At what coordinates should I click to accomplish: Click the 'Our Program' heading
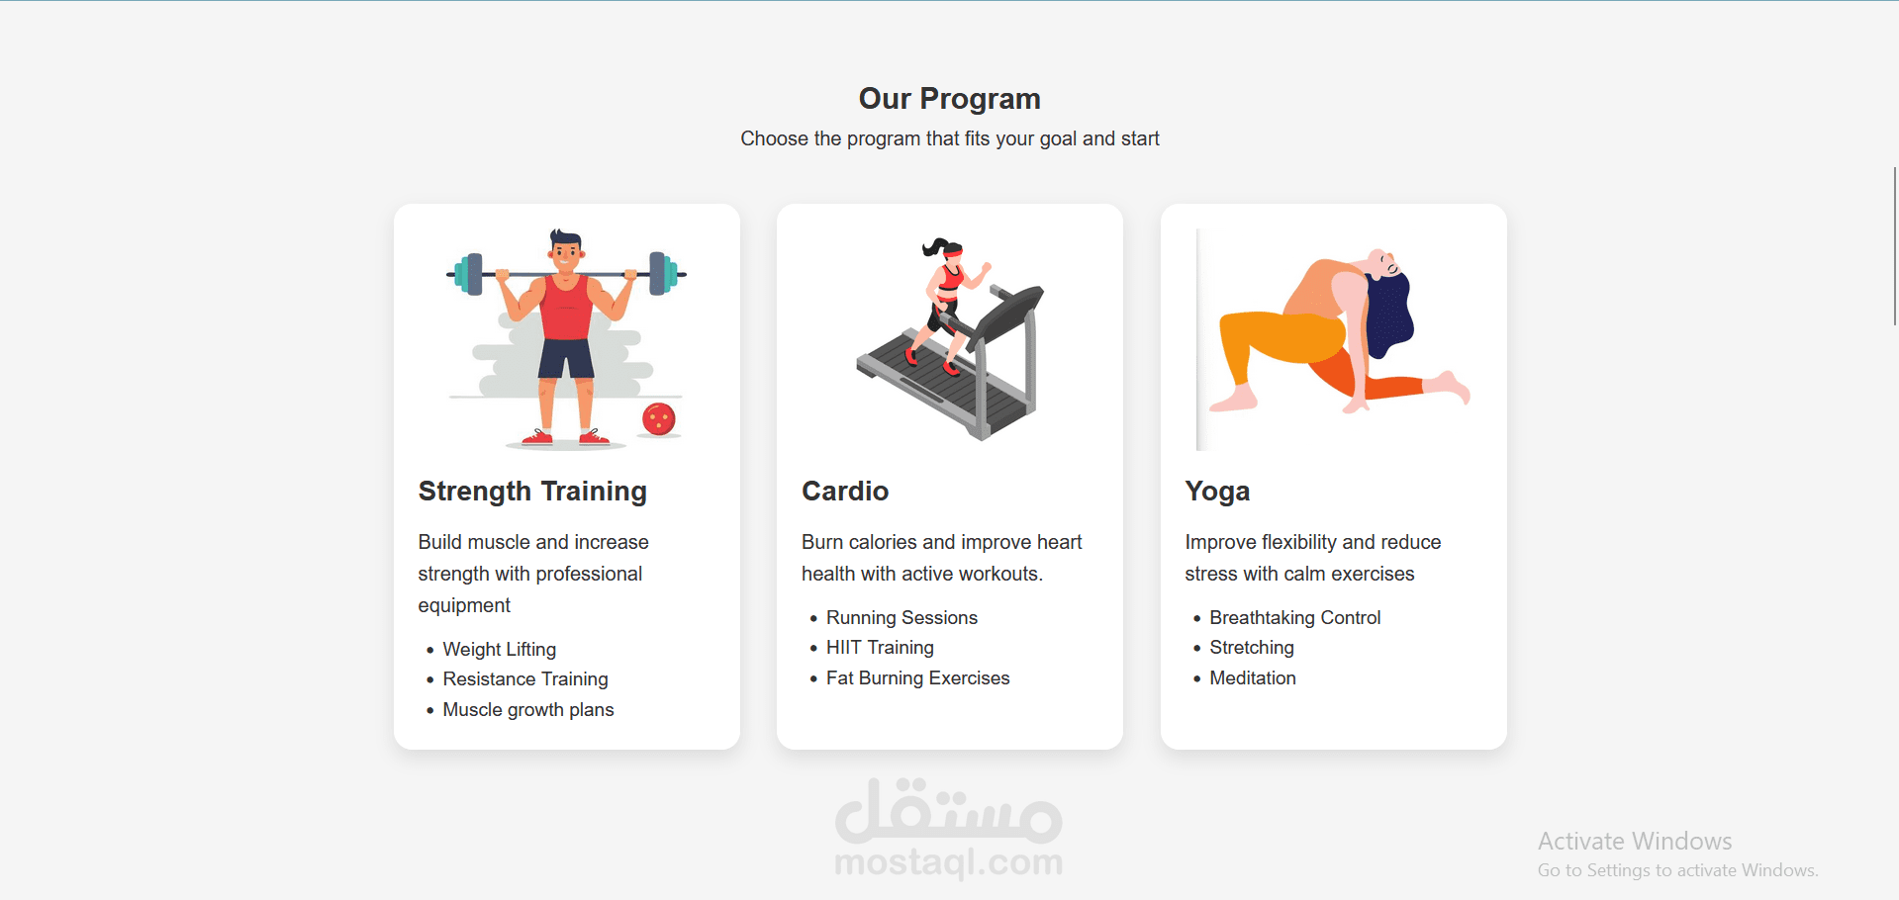[x=949, y=99]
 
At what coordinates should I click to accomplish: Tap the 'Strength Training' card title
[x=532, y=492]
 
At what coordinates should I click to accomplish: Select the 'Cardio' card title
[x=845, y=492]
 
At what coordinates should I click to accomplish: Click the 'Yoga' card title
[x=1217, y=492]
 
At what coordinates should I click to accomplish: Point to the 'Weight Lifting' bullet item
[x=500, y=649]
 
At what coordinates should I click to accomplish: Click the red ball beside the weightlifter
[x=658, y=419]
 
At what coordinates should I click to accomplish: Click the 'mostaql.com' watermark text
[x=949, y=862]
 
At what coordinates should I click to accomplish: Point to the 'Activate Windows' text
[x=1635, y=841]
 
